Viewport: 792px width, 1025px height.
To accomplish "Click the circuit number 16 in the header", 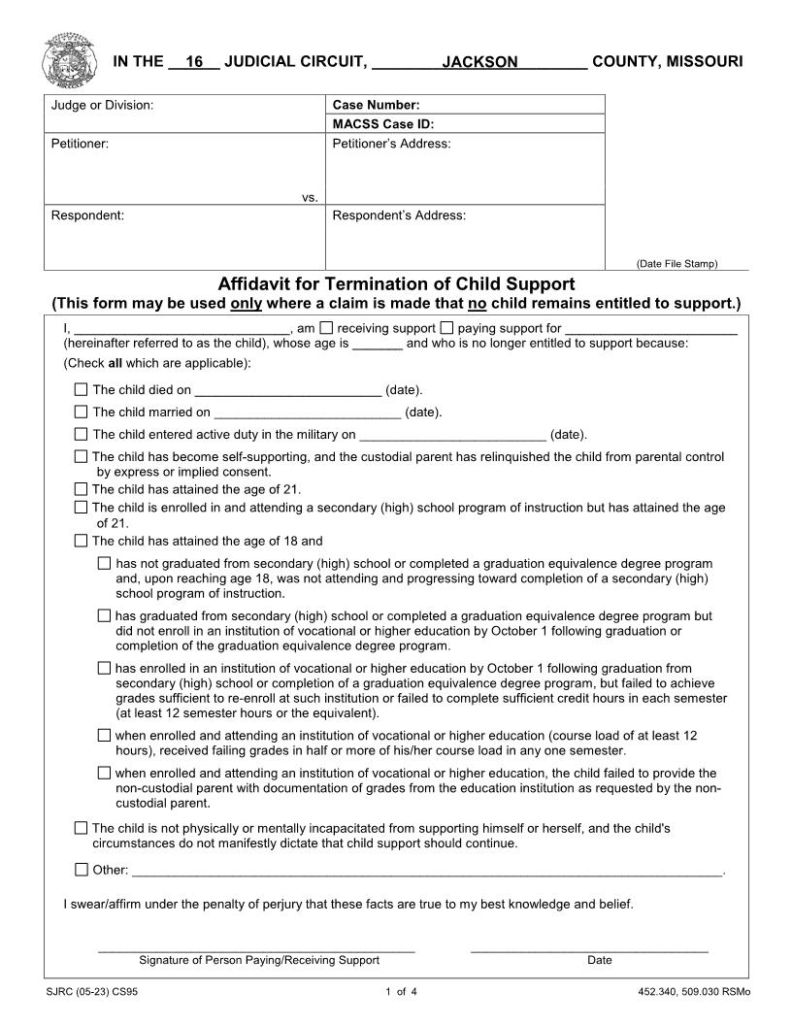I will [x=194, y=62].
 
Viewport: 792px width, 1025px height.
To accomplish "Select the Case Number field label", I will [x=376, y=105].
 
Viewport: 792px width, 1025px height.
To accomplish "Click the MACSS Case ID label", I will [x=382, y=124].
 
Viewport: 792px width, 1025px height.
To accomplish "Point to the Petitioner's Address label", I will [x=391, y=144].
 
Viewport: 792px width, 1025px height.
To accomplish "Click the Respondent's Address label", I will [x=399, y=215].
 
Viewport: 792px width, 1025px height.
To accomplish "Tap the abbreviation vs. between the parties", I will [x=310, y=197].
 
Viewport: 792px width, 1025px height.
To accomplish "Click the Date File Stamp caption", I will [x=676, y=263].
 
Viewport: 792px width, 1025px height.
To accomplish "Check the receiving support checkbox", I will [x=327, y=328].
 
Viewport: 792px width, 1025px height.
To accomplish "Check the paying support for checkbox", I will [x=447, y=328].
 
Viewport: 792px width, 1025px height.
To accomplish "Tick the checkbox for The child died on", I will [x=82, y=390].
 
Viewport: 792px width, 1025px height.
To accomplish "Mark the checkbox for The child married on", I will [x=82, y=413].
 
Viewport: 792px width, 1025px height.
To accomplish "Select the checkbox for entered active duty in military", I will [x=82, y=435].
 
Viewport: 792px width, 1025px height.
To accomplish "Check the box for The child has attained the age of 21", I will [x=82, y=489].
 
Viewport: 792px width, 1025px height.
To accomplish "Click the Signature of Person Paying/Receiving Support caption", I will [x=259, y=960].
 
